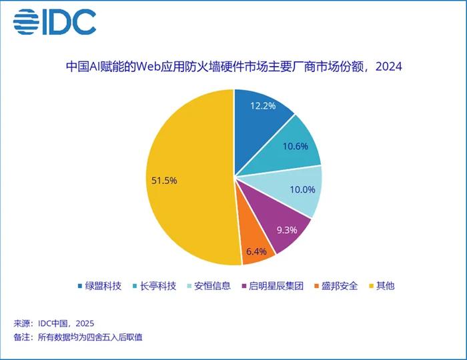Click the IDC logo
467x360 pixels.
pos(55,22)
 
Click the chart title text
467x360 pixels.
pos(233,67)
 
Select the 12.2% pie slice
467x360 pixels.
pos(259,125)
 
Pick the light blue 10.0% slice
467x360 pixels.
pos(292,191)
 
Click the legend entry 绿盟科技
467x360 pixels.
pos(100,286)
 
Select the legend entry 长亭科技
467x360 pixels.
pos(155,286)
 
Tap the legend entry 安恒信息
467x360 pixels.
pos(209,286)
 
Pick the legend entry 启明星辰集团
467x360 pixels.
pos(272,286)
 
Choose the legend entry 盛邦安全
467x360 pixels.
pos(336,286)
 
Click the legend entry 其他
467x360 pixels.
pos(382,286)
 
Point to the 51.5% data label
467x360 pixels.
pos(164,181)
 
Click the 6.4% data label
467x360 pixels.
pos(256,252)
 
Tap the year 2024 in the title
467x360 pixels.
pos(389,67)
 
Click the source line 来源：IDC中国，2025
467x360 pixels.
pos(54,323)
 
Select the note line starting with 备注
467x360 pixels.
pos(78,337)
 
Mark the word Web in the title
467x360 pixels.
pos(148,67)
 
